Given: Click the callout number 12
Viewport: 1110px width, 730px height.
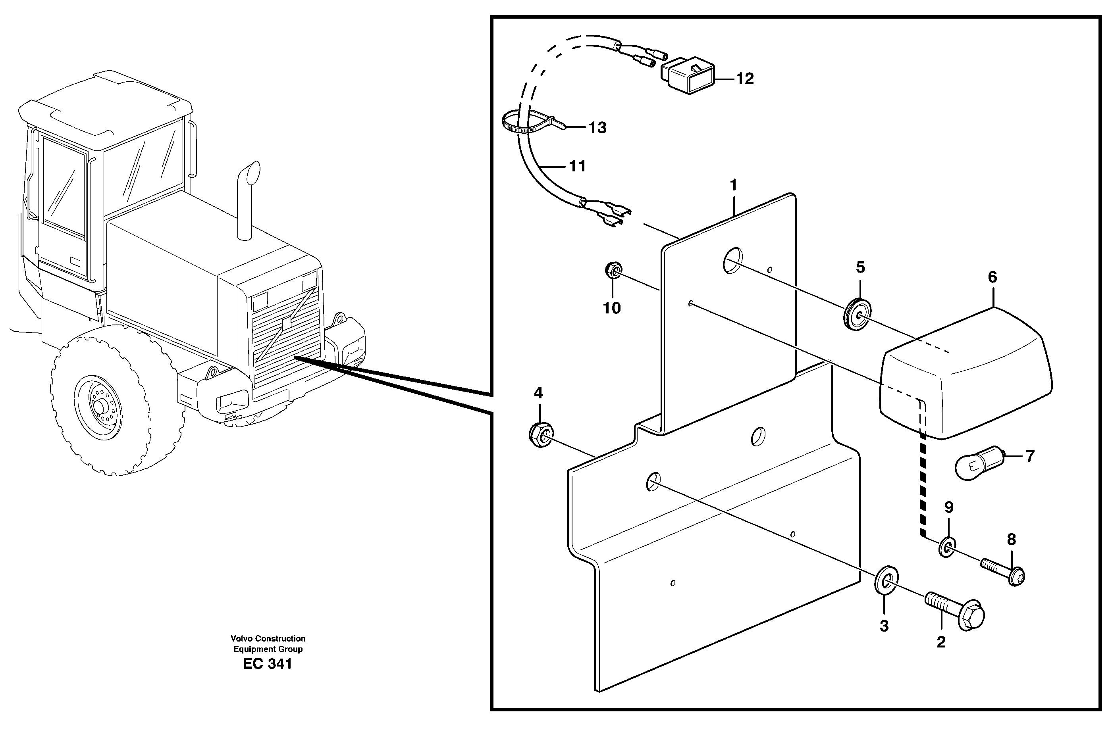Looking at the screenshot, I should tap(745, 79).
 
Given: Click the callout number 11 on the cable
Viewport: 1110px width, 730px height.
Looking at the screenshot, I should tap(577, 166).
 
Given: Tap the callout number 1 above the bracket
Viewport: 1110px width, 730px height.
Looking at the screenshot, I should tap(733, 186).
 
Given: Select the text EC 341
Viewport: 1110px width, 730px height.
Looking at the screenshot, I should tap(267, 664).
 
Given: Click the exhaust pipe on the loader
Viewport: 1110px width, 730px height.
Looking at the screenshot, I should tap(246, 200).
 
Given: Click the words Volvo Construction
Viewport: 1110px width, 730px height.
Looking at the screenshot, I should tap(268, 638).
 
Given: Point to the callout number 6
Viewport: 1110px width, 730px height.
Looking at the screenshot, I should tap(992, 277).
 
